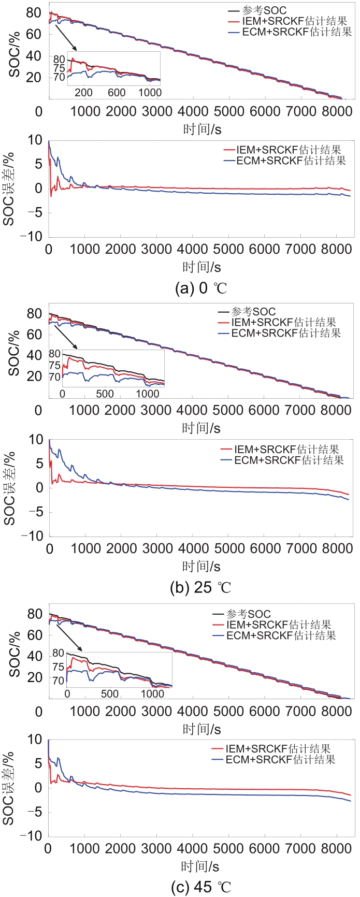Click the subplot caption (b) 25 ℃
[200, 588]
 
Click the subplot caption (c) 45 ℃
[201, 887]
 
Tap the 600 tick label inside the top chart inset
[117, 93]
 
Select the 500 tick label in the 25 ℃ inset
[105, 393]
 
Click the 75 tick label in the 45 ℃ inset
[59, 667]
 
